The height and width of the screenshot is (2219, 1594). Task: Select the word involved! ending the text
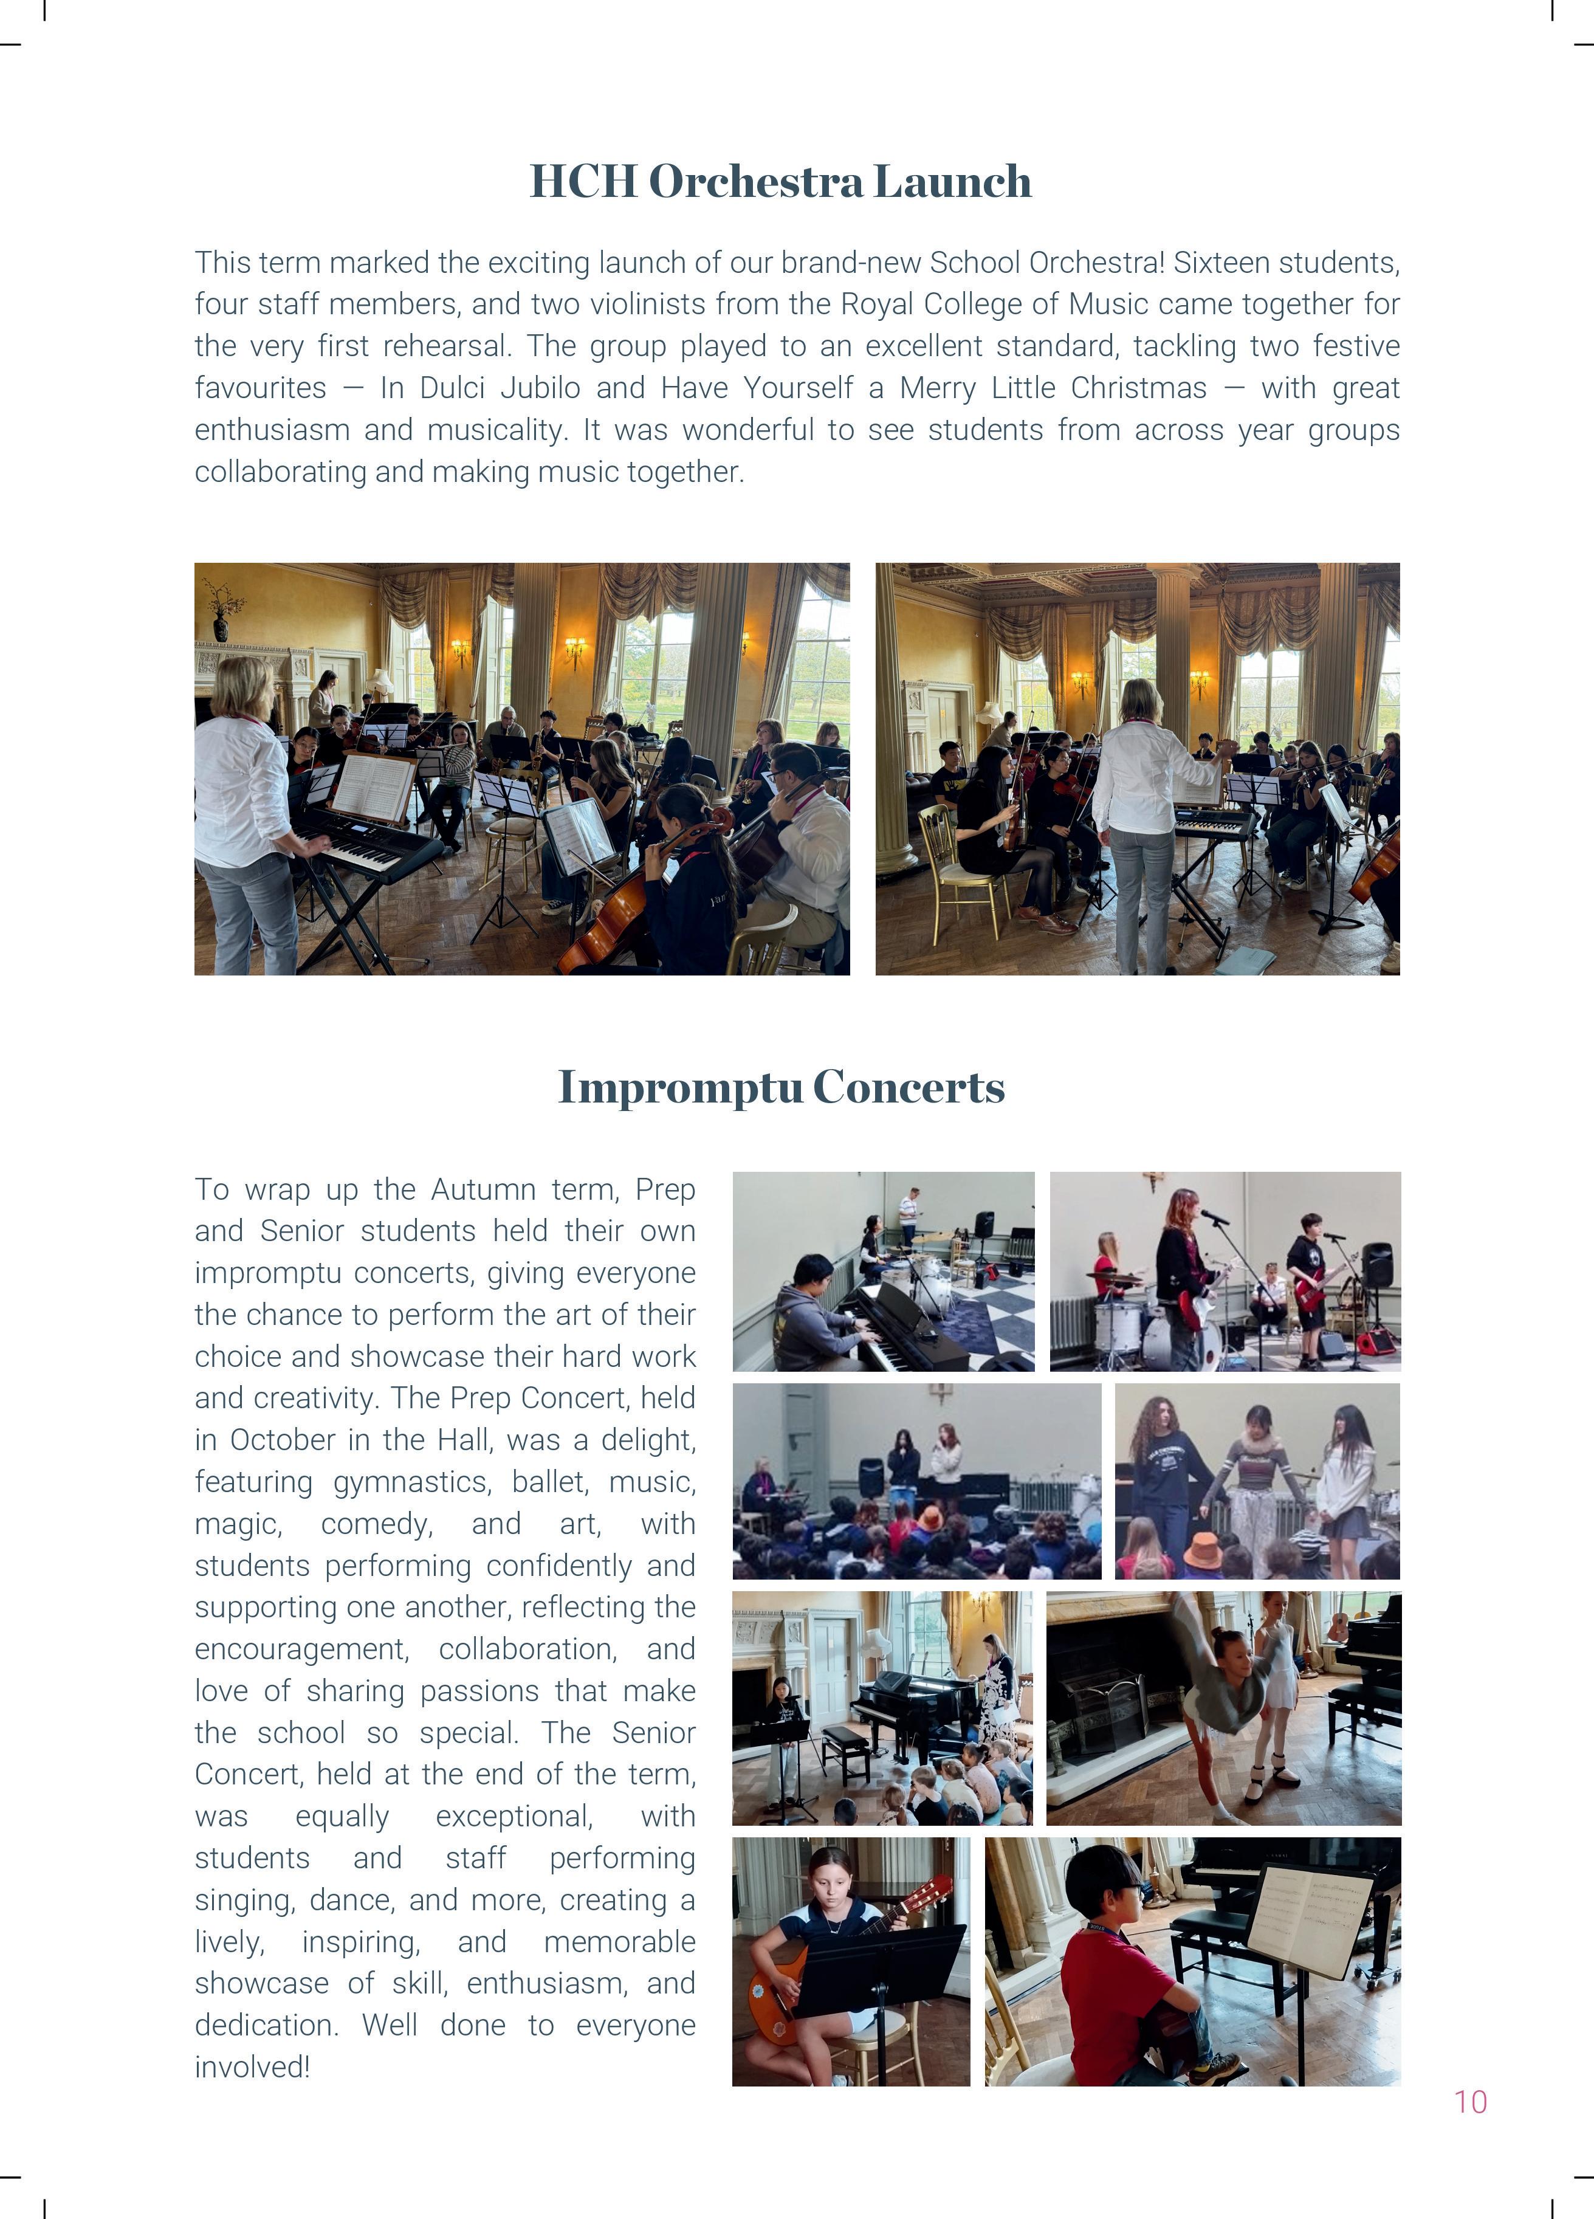click(252, 2067)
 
